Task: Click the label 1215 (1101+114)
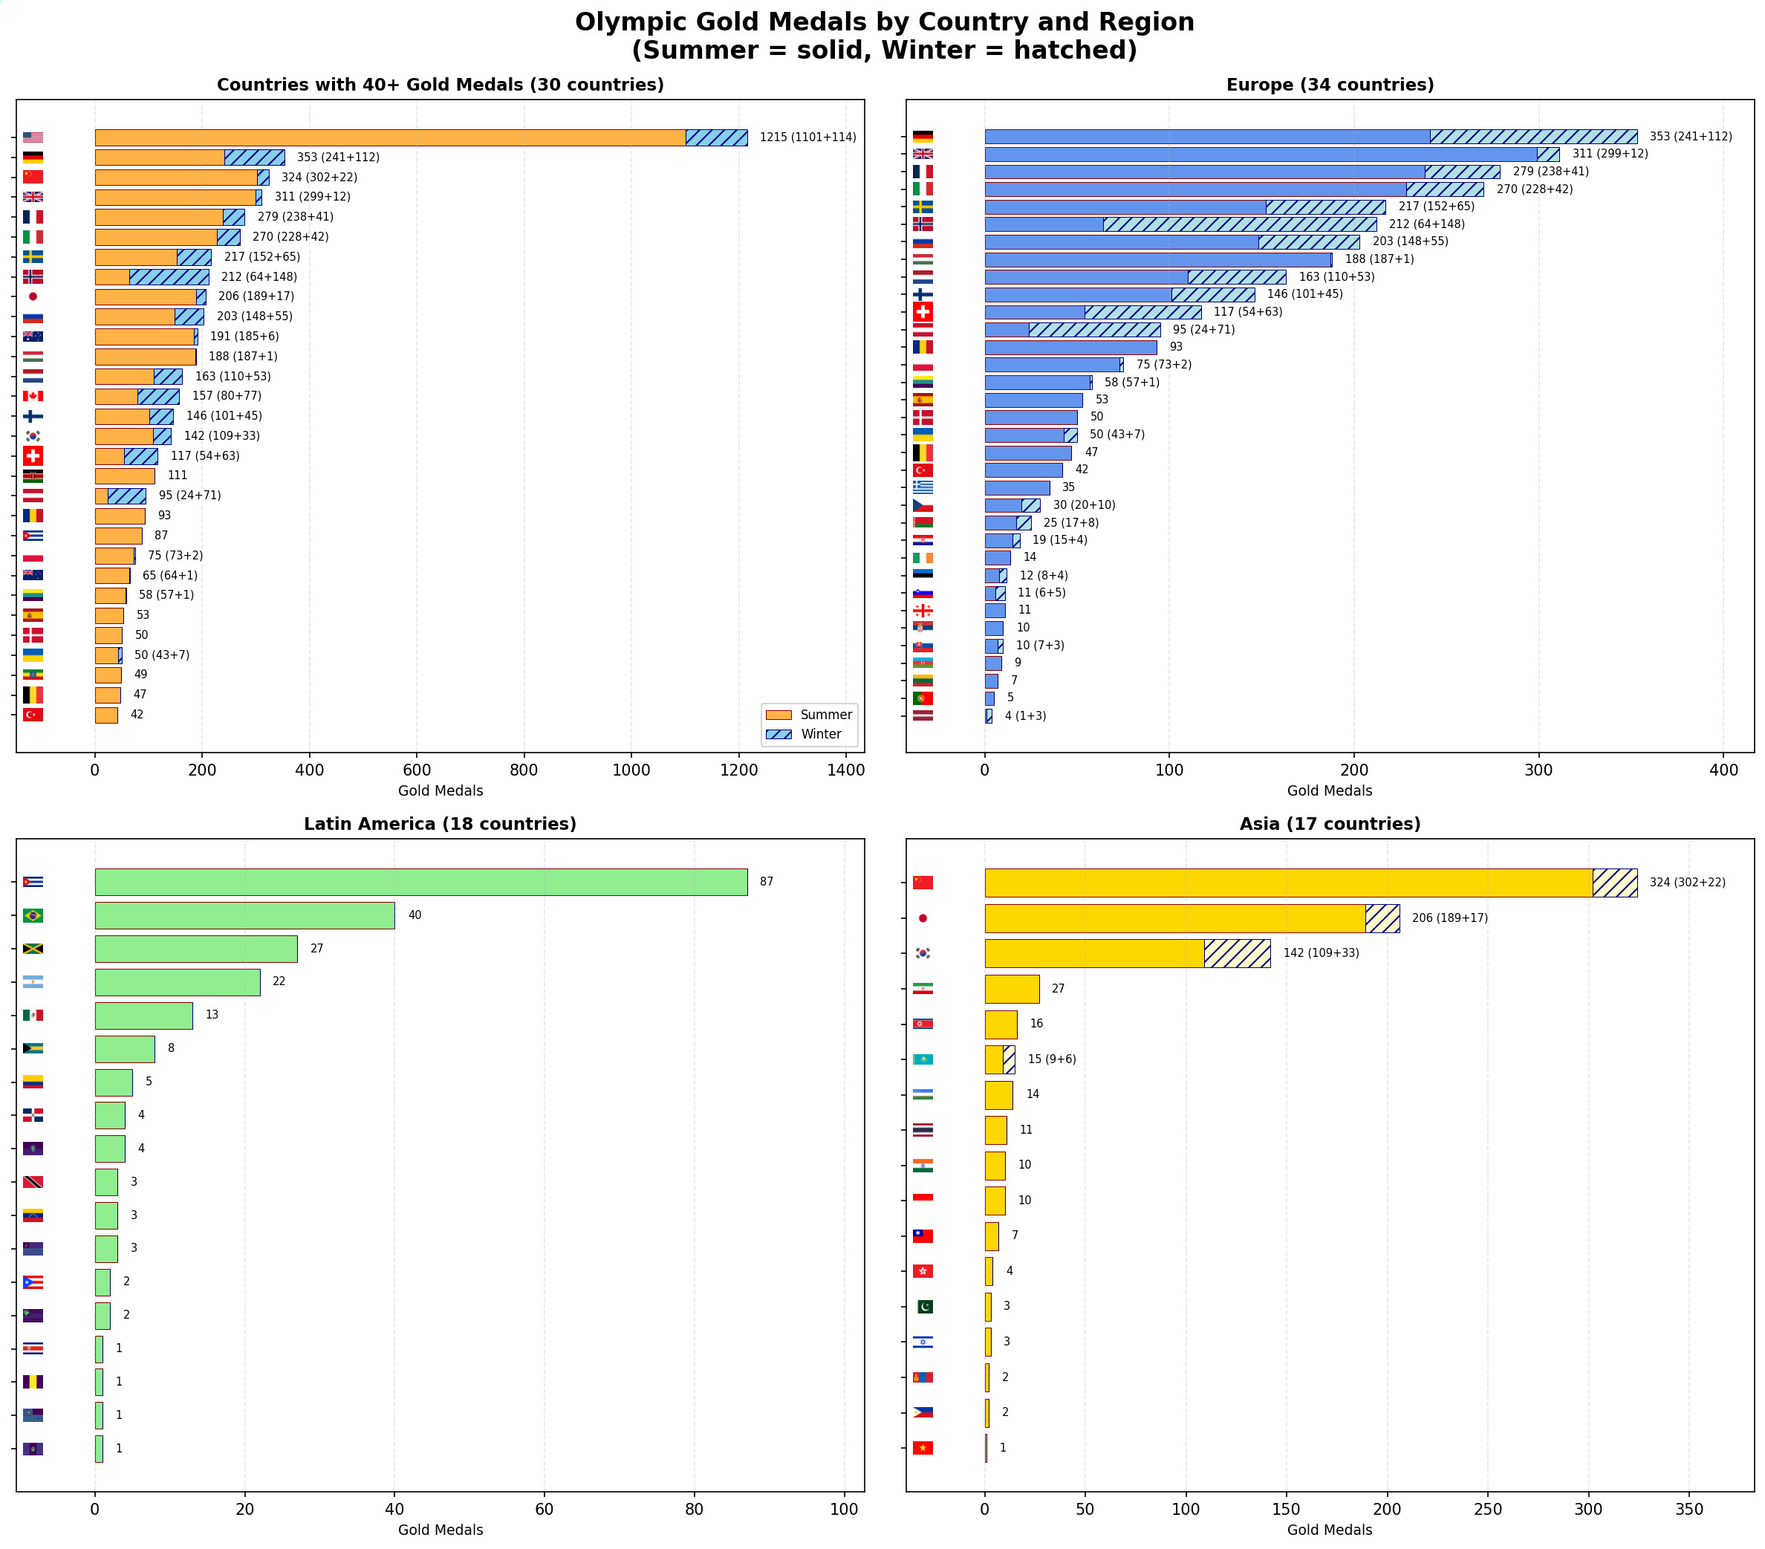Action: (807, 137)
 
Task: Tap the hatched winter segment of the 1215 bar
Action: (716, 137)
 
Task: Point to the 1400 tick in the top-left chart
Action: (845, 770)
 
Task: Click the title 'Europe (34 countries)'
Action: (1330, 85)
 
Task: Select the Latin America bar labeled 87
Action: (420, 882)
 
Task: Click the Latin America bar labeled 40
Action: (244, 915)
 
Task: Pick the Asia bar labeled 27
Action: (1011, 989)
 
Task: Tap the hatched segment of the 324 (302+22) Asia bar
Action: (1614, 883)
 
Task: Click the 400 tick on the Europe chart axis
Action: (1723, 770)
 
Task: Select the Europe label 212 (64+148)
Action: (1426, 224)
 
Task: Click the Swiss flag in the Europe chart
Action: (922, 312)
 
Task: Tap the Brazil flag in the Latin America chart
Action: (33, 915)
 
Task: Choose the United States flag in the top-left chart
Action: (33, 137)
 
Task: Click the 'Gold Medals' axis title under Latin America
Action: (441, 1530)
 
